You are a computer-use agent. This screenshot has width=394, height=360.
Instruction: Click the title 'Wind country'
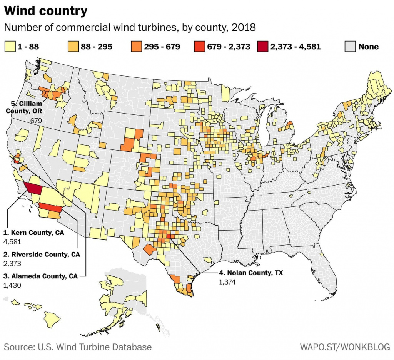coord(46,11)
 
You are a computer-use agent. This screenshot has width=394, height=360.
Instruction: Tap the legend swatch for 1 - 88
coord(10,47)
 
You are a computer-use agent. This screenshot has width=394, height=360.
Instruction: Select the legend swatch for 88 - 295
coord(73,47)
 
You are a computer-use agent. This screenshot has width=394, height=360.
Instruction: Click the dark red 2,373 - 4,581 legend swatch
coord(263,47)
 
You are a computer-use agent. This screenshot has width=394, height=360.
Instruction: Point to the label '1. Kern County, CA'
coord(33,233)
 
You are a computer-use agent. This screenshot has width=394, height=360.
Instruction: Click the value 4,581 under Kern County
coord(12,242)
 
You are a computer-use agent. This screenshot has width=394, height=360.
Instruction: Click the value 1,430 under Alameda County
coord(12,285)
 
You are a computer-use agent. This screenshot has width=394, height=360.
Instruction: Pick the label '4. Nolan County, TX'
coord(251,273)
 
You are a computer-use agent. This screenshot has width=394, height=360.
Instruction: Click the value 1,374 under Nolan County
coord(227,282)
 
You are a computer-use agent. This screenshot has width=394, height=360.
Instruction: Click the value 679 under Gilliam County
coord(36,121)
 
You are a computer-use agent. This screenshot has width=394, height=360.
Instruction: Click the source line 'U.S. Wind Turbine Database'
coord(78,347)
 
